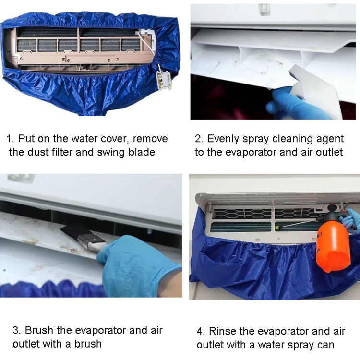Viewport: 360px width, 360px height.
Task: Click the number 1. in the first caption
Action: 10,139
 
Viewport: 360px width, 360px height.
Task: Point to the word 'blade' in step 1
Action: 142,152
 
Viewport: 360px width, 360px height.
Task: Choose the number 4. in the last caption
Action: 202,331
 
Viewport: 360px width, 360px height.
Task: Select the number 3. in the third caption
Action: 17,330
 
